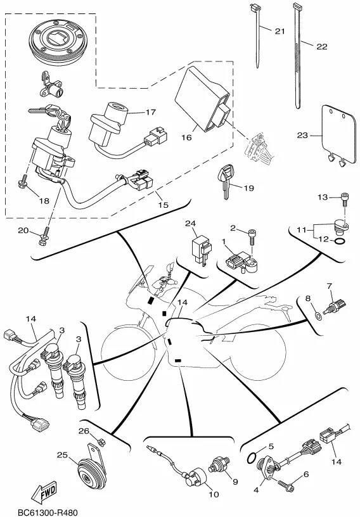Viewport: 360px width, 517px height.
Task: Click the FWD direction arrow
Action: click(x=44, y=492)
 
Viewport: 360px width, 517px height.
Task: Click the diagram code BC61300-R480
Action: click(x=47, y=513)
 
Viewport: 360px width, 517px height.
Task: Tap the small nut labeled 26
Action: click(x=101, y=442)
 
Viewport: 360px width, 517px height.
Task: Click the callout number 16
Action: click(x=186, y=137)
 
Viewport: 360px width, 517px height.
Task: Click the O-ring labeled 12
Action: click(x=340, y=241)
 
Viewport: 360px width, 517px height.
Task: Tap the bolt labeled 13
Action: click(x=344, y=199)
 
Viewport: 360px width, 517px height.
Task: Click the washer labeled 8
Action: click(x=318, y=316)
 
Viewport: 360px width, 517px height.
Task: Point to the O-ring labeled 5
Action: click(x=252, y=457)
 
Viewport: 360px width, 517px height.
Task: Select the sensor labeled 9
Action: click(x=219, y=465)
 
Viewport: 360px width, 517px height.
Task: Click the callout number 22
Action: click(x=322, y=46)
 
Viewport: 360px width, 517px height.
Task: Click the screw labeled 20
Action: click(x=44, y=236)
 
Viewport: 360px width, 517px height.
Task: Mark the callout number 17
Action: click(x=151, y=112)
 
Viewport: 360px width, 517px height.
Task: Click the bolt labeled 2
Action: click(x=252, y=236)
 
